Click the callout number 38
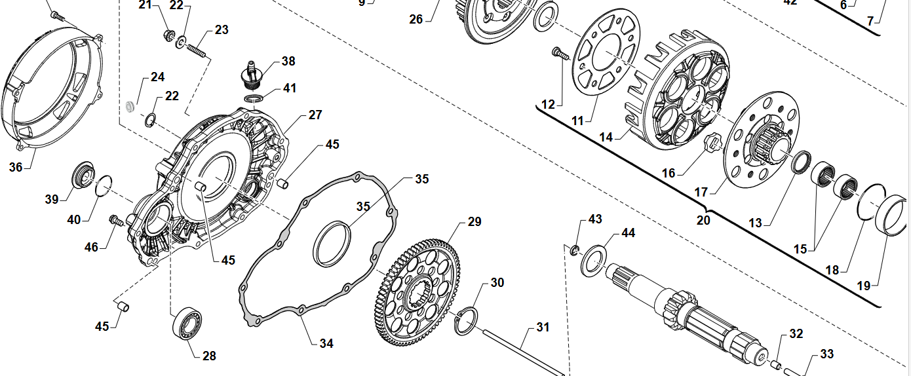[x=288, y=62]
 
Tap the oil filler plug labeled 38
[x=251, y=74]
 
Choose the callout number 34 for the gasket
[x=326, y=343]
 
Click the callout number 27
[x=315, y=115]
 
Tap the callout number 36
[x=16, y=167]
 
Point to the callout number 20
[x=703, y=220]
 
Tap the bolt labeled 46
[x=116, y=221]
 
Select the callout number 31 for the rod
[x=543, y=327]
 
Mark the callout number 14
[x=606, y=138]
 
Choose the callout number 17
[x=701, y=193]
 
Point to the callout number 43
[x=595, y=218]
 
